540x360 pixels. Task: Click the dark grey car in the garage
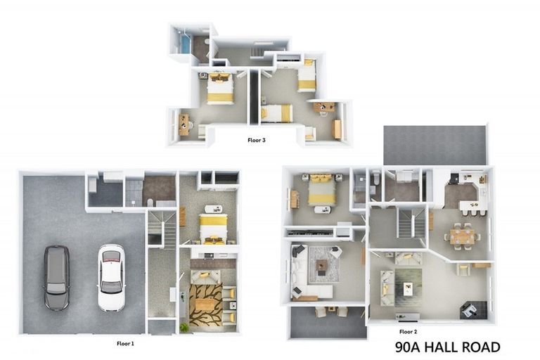[x=56, y=278]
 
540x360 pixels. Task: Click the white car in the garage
[x=110, y=277]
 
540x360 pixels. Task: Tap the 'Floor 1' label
[x=125, y=344]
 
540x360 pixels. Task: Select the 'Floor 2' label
[x=409, y=331]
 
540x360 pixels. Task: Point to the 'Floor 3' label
[x=257, y=140]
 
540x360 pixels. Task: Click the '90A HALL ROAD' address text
[x=447, y=347]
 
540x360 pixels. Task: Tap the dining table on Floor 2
[x=463, y=237]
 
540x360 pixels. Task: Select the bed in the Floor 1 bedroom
[x=212, y=227]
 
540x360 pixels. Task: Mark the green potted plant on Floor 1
[x=184, y=327]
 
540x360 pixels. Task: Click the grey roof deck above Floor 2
[x=435, y=145]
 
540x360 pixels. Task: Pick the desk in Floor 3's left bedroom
[x=184, y=124]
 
